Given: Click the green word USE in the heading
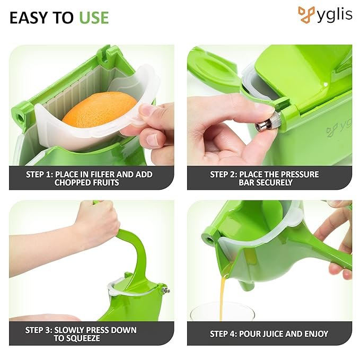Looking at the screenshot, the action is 94,17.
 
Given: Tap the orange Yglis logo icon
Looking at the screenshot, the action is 307,15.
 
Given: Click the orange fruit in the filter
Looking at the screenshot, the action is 100,109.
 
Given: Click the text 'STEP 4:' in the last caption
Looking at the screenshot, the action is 223,334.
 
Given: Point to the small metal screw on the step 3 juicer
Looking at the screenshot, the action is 166,291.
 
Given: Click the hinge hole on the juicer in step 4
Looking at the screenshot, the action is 209,240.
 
